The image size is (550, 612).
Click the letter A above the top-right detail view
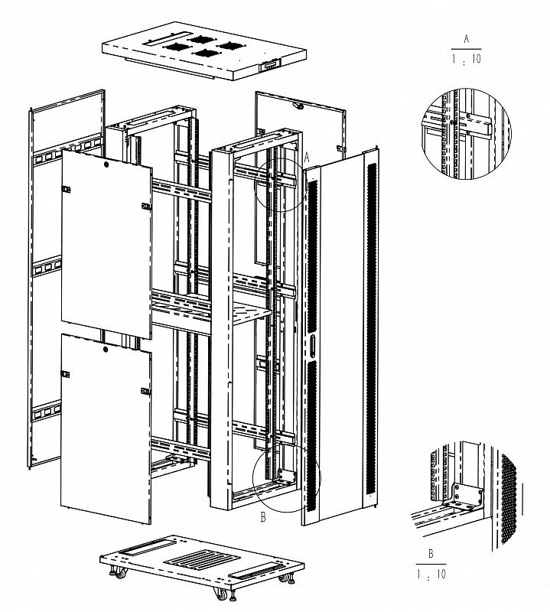[x=467, y=37]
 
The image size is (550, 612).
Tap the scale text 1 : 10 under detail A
[x=467, y=58]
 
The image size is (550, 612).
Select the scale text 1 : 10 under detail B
[x=431, y=573]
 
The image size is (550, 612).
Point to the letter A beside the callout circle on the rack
[x=307, y=156]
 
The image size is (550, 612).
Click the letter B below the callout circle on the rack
[x=263, y=519]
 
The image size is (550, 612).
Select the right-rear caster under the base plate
[x=290, y=580]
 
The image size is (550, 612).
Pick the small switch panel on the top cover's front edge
[x=269, y=66]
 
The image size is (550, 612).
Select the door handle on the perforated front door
[x=313, y=346]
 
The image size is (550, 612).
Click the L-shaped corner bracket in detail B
[x=465, y=498]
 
